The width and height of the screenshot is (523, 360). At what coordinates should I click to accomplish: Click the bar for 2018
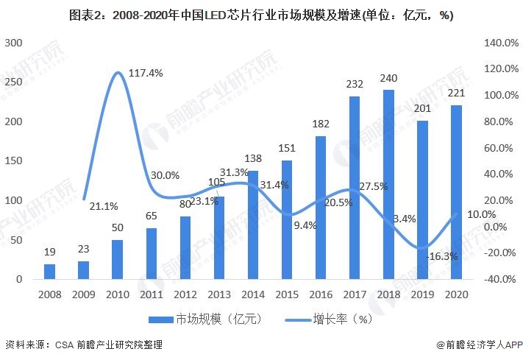(x=388, y=185)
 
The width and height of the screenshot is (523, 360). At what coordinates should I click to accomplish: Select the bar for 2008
(x=49, y=272)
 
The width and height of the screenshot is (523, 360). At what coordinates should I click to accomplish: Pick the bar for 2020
(x=456, y=192)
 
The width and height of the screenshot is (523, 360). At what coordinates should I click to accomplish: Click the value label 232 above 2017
(x=355, y=84)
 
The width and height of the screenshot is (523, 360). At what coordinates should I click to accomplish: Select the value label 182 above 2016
(x=321, y=124)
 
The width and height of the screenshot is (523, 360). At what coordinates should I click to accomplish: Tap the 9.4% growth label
(x=304, y=225)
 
